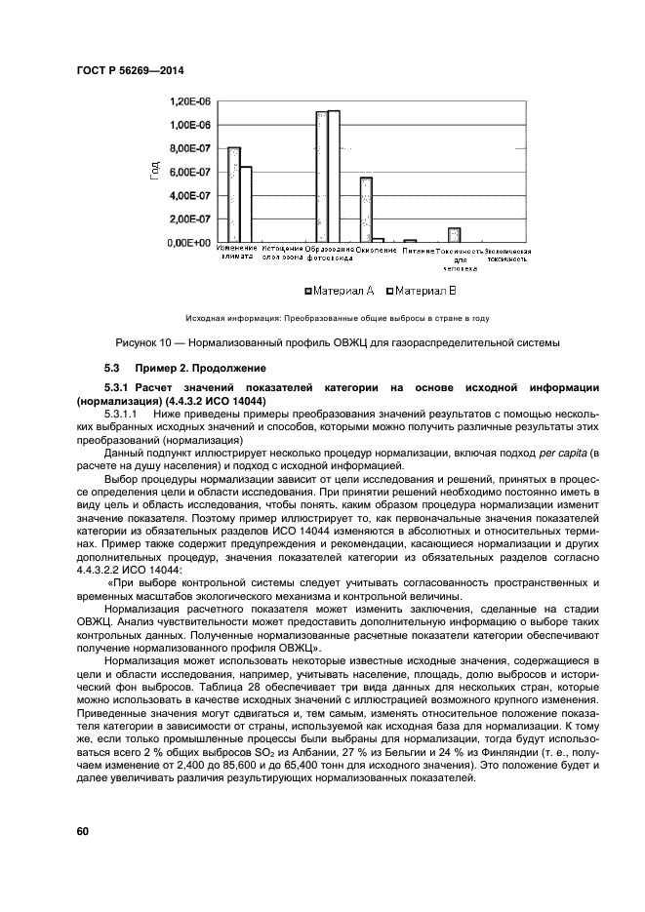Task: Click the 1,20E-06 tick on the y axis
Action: (191, 101)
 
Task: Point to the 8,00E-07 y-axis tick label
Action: (191, 148)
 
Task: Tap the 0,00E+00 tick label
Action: (191, 242)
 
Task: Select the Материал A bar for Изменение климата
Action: (234, 194)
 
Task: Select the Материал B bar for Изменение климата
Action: (246, 204)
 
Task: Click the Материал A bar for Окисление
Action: (366, 209)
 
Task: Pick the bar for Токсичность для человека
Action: (454, 234)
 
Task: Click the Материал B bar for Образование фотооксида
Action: (334, 176)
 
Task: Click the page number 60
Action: (82, 831)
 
